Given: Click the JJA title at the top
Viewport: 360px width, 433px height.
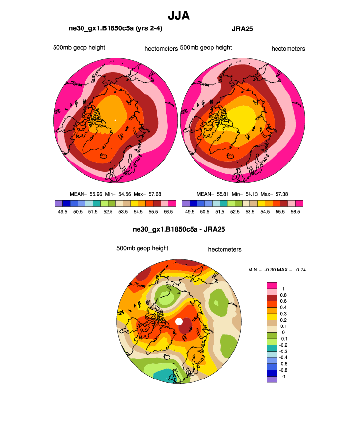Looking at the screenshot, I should pyautogui.click(x=179, y=16).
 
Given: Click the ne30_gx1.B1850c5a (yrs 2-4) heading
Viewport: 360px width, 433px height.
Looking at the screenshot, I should pyautogui.click(x=115, y=29).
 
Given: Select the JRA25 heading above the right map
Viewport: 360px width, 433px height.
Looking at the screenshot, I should pyautogui.click(x=242, y=29).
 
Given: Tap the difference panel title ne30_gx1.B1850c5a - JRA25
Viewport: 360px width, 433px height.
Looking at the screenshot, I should pyautogui.click(x=179, y=229).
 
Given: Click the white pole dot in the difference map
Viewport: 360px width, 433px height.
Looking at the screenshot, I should pyautogui.click(x=179, y=321).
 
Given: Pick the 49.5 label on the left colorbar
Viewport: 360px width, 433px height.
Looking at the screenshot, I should pyautogui.click(x=62, y=212).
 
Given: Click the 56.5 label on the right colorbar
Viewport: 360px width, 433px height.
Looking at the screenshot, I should pyautogui.click(x=295, y=212).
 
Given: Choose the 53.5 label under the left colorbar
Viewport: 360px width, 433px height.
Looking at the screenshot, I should pyautogui.click(x=123, y=212).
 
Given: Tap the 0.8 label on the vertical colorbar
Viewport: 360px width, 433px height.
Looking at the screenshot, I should pyautogui.click(x=283, y=295).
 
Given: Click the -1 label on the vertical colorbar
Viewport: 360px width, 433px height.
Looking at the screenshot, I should pyautogui.click(x=282, y=376).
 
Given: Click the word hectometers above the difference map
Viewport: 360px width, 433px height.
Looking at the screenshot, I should pyautogui.click(x=224, y=249).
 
